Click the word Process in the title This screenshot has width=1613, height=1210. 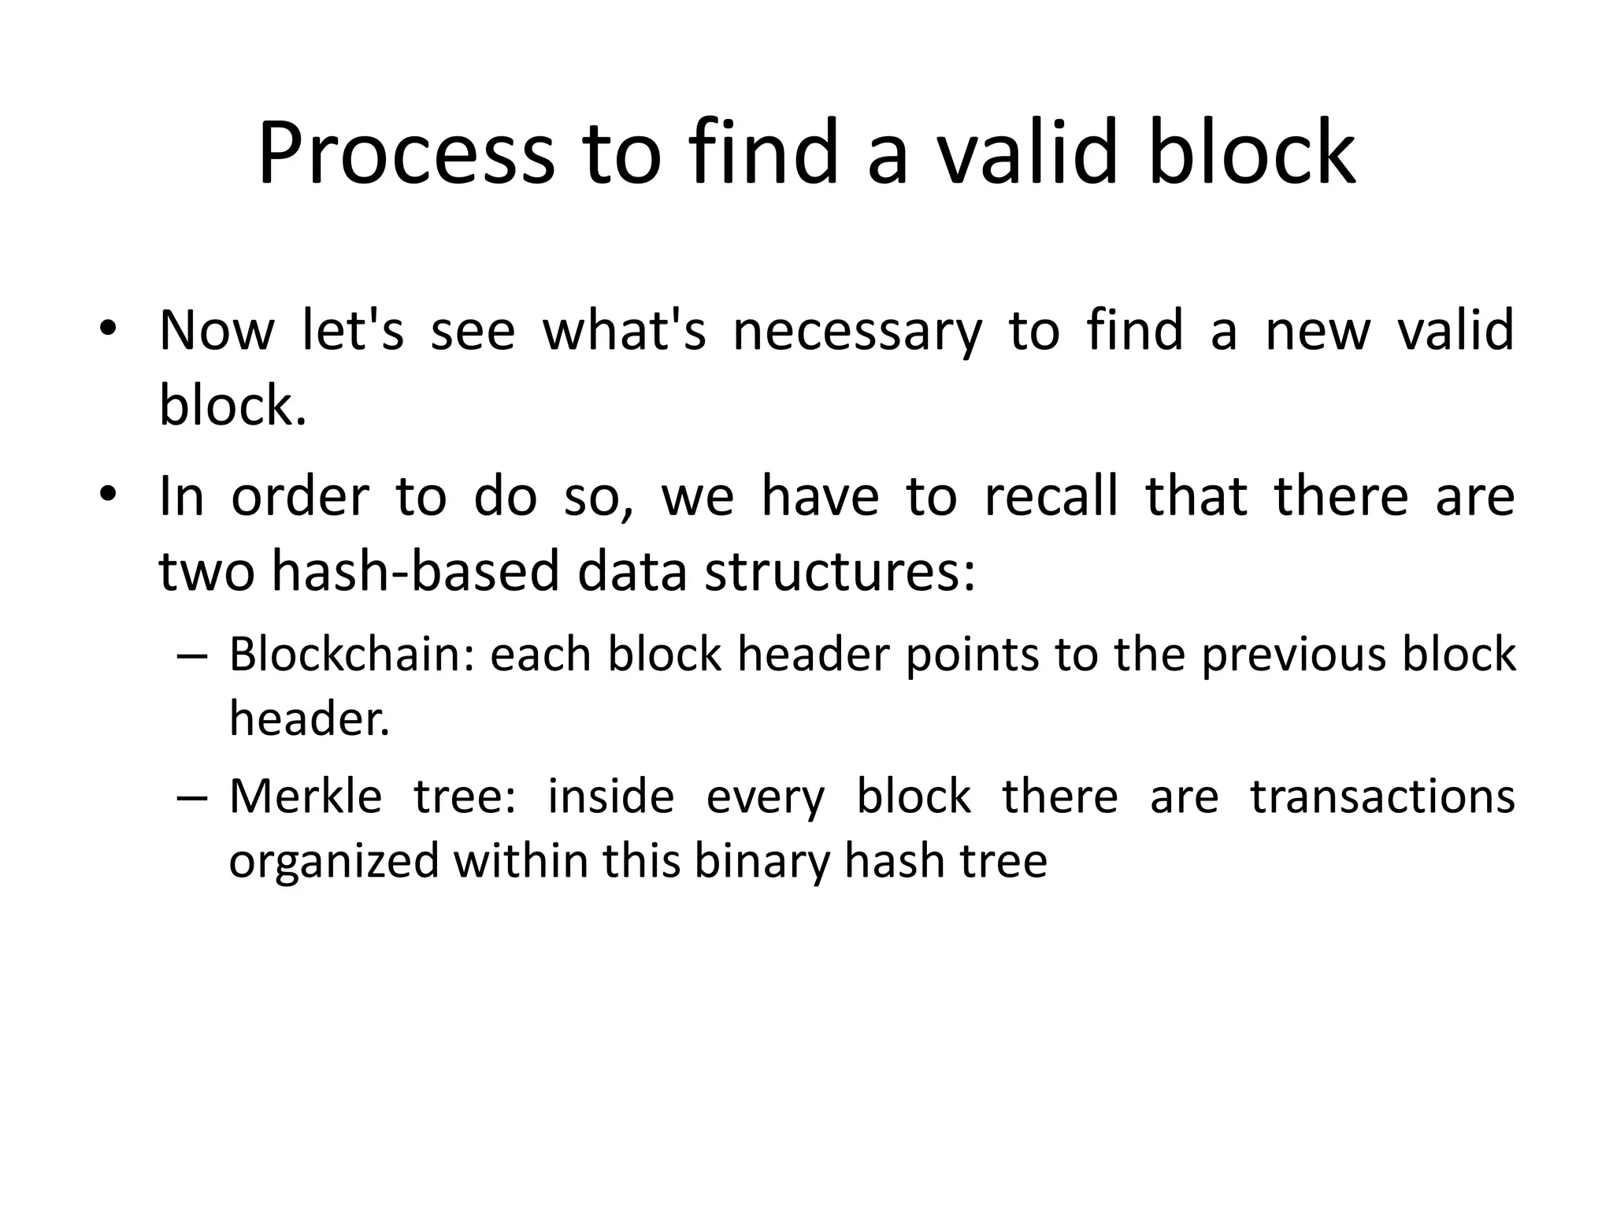point(406,154)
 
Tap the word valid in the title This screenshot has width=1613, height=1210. point(1028,154)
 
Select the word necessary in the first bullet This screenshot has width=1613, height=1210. point(858,331)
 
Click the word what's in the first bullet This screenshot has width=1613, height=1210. point(624,331)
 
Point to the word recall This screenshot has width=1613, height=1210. point(1051,497)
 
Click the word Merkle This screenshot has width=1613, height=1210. point(305,796)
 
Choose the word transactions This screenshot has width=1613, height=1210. point(1382,796)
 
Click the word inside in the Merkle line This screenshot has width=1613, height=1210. point(610,796)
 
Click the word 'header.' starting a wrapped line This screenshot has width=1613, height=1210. point(310,718)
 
